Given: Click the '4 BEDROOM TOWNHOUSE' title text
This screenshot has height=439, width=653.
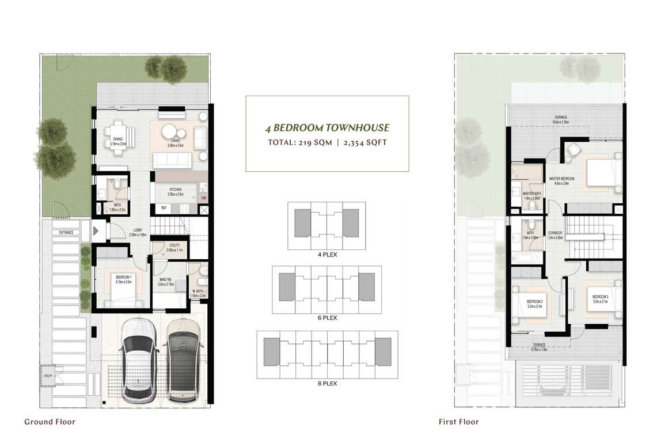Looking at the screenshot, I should point(327,128).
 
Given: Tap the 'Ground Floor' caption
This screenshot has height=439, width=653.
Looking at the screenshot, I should point(50,422).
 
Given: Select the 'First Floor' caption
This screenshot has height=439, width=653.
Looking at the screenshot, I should point(458,422).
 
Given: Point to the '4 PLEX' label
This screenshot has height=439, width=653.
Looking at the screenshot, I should point(327,253).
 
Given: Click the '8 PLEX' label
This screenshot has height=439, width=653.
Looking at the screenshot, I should point(327,383).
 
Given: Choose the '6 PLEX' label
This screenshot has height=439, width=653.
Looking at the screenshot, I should point(327,317).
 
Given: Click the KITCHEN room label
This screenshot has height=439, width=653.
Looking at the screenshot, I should point(176,190).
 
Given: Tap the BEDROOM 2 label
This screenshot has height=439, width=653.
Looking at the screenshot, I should point(535,301).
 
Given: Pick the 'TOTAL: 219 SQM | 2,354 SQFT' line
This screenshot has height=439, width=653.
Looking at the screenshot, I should point(327,142).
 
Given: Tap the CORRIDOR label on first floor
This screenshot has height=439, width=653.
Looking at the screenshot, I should point(555,232).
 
